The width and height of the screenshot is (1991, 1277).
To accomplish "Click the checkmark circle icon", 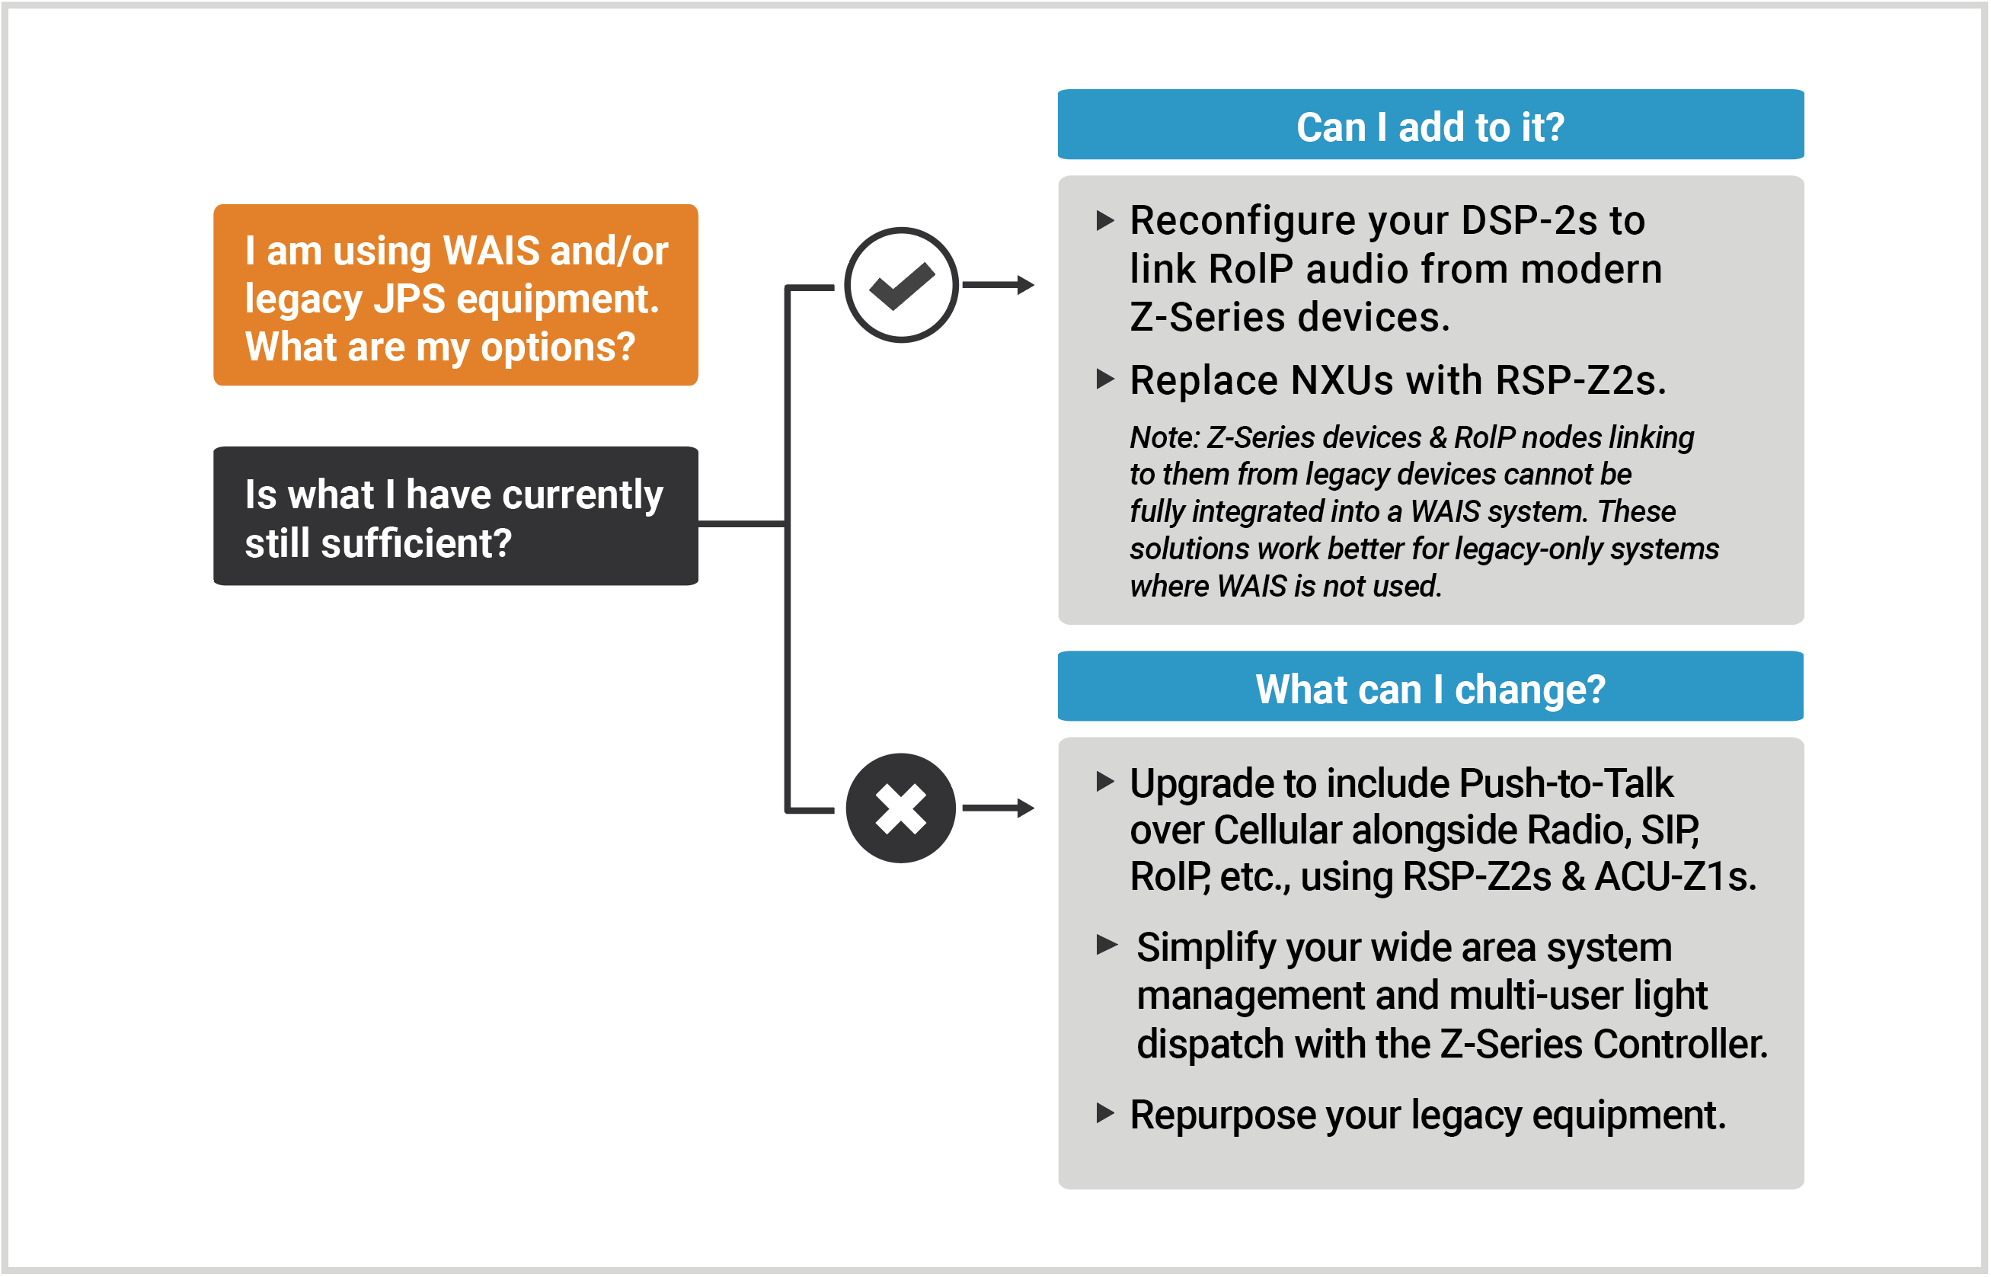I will tap(901, 284).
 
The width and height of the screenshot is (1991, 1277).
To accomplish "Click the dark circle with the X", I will tap(900, 808).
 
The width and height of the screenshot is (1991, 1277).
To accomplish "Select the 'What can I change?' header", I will tap(1430, 688).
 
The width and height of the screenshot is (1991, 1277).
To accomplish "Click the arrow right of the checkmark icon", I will tap(999, 284).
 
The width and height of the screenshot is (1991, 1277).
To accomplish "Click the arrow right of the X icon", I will tap(999, 808).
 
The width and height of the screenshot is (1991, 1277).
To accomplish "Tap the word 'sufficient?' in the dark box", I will tap(416, 544).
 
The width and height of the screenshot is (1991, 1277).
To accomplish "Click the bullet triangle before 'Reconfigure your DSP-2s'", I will tap(1105, 219).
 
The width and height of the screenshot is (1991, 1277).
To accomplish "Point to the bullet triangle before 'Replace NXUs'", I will tap(1105, 379).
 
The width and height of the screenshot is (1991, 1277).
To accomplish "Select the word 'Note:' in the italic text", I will tap(1164, 437).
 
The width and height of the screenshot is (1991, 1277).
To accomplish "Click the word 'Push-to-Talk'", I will tap(1566, 783).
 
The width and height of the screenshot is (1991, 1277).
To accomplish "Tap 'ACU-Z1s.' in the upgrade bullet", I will tap(1675, 876).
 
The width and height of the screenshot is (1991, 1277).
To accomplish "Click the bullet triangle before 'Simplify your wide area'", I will tap(1107, 945).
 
